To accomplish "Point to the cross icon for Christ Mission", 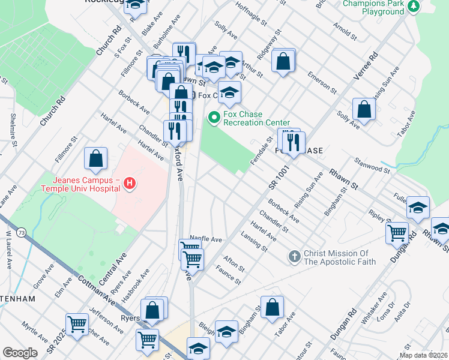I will (x=294, y=257).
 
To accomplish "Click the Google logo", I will (x=20, y=353).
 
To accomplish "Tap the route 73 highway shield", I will (x=21, y=231).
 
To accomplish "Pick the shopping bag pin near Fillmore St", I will (x=95, y=159).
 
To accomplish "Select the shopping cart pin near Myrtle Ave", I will (x=77, y=325).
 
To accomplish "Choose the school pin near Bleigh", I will (x=226, y=331).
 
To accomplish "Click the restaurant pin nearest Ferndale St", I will (x=294, y=142).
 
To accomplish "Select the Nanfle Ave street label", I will (x=206, y=239).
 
